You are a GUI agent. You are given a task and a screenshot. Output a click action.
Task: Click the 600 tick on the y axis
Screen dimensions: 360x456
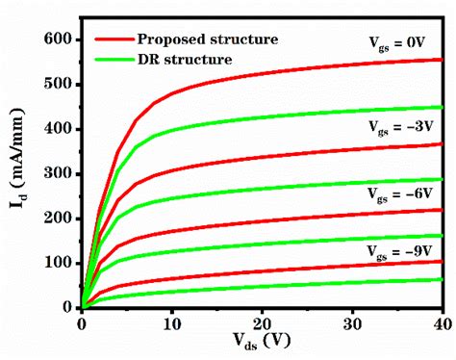point(59,39)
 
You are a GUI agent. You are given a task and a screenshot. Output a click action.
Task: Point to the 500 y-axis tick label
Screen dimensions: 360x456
point(59,84)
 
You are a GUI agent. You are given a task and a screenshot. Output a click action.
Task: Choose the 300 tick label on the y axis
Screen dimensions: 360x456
point(59,173)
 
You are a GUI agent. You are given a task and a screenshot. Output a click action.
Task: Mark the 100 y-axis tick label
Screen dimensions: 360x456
point(59,262)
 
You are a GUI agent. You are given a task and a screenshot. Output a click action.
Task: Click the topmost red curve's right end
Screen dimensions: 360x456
point(442,60)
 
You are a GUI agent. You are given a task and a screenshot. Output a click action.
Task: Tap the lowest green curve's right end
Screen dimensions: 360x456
point(442,279)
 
